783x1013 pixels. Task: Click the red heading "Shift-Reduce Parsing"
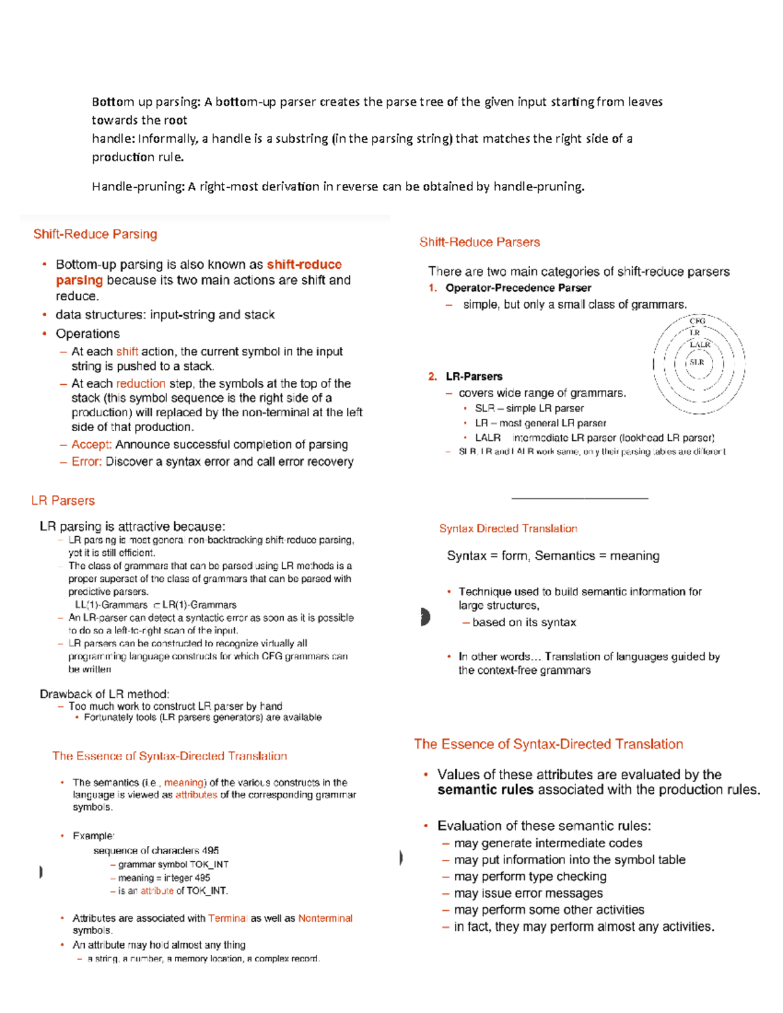tap(95, 234)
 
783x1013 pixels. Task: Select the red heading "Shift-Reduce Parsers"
tap(480, 242)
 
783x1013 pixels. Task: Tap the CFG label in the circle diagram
tap(698, 321)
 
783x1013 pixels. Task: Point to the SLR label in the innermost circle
tap(697, 362)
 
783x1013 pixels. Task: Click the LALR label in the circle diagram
tap(699, 344)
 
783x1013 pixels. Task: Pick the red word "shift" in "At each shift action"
tap(127, 352)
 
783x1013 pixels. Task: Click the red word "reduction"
tap(141, 384)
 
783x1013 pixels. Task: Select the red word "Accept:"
tap(91, 444)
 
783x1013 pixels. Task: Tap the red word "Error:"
tap(87, 461)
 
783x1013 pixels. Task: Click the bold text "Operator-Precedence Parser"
tap(518, 288)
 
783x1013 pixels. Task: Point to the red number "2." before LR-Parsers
tap(433, 376)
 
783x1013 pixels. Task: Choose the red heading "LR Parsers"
tap(63, 500)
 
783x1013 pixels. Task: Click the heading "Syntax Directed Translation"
tap(508, 528)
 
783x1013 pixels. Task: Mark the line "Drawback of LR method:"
tap(104, 693)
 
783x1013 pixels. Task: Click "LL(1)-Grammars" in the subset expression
tap(111, 605)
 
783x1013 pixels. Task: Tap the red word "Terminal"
tap(227, 918)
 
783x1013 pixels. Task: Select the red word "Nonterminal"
tap(325, 918)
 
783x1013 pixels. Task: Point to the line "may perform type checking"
tap(530, 876)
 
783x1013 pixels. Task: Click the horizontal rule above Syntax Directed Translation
tap(579, 498)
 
